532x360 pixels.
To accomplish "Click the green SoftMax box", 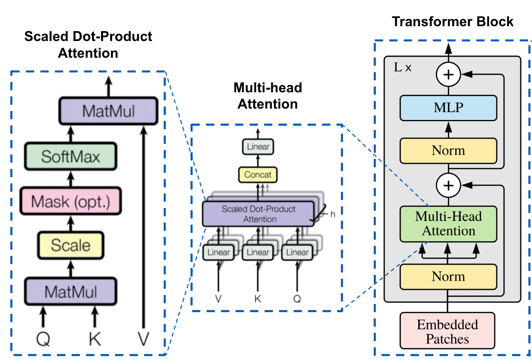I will tap(71, 156).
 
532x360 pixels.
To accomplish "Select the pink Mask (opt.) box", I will tap(71, 201).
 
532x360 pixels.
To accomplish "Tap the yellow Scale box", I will tap(71, 245).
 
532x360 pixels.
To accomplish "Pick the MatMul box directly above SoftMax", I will tap(108, 111).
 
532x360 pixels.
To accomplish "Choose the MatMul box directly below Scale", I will tap(71, 292).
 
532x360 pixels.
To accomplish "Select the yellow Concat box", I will tap(258, 175).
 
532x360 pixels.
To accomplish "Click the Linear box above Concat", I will tap(258, 147).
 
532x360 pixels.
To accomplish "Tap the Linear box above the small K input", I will tap(258, 252).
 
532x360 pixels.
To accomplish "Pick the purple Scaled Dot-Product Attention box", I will tap(258, 214).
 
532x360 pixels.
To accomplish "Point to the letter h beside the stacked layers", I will tap(333, 214).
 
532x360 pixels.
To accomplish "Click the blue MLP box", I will tap(448, 108).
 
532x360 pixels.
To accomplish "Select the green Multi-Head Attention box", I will tap(448, 224).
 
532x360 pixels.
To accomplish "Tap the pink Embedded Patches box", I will tap(447, 331).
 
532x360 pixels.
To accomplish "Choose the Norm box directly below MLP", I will tap(448, 151).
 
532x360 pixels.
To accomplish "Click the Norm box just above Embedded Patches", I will tap(448, 276).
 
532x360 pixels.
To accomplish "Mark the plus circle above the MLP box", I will tap(448, 74).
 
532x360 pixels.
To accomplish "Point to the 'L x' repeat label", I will tap(402, 68).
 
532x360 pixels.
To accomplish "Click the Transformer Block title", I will tap(453, 22).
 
